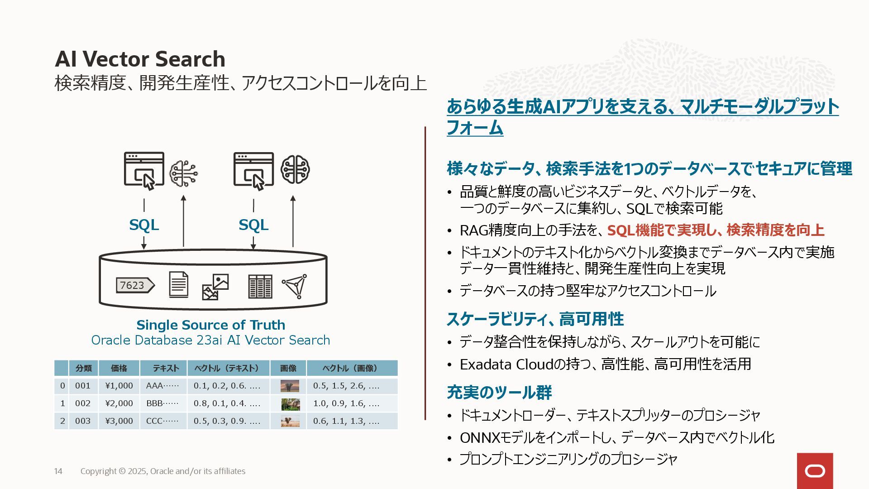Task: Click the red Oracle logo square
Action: click(x=815, y=471)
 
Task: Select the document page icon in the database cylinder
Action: click(x=178, y=284)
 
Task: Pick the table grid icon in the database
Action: click(x=260, y=286)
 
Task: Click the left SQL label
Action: click(x=144, y=225)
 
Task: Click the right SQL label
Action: click(x=253, y=225)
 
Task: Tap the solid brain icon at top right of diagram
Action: click(x=295, y=170)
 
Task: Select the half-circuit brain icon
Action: click(x=184, y=173)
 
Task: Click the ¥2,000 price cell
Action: click(x=119, y=403)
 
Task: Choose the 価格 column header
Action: click(x=119, y=368)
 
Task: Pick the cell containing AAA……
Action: click(x=162, y=386)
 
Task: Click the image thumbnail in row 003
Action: click(x=290, y=421)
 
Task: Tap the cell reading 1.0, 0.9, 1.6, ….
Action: click(x=346, y=403)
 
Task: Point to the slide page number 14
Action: click(x=58, y=471)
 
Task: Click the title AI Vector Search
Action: click(x=140, y=59)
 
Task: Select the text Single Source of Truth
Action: click(x=210, y=325)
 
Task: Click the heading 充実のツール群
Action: click(x=499, y=392)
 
